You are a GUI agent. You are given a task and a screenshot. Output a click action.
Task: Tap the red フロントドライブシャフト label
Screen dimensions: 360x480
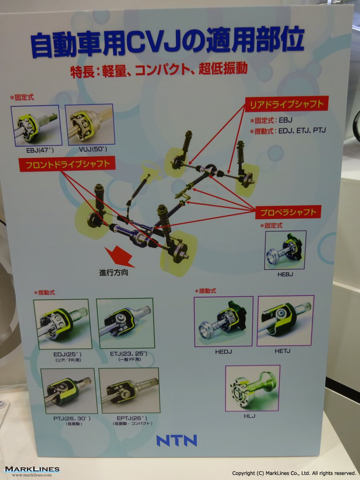pos(68,164)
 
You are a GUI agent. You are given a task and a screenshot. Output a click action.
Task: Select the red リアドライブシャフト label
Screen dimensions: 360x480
pos(286,104)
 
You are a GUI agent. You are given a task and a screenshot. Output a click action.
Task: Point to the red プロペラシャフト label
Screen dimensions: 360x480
pos(288,212)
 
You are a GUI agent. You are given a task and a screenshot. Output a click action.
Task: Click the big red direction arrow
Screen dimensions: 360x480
pos(119,257)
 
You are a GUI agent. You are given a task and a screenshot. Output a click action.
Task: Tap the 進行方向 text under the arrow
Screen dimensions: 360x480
pos(114,273)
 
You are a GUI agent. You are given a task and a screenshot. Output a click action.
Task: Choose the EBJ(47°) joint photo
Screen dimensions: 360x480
pos(36,126)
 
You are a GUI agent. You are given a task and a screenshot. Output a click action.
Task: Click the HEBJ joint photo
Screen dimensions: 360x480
pos(286,250)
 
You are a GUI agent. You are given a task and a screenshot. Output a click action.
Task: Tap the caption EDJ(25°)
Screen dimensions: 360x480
pos(68,354)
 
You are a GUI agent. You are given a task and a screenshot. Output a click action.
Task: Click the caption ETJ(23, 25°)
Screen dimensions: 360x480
pos(128,354)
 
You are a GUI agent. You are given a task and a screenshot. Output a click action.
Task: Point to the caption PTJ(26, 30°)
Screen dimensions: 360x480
pos(72,418)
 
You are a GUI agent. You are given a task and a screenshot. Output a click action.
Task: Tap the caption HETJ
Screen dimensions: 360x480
pos(283,351)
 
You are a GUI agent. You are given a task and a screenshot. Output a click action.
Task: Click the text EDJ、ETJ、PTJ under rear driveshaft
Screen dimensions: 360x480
pos(302,130)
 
